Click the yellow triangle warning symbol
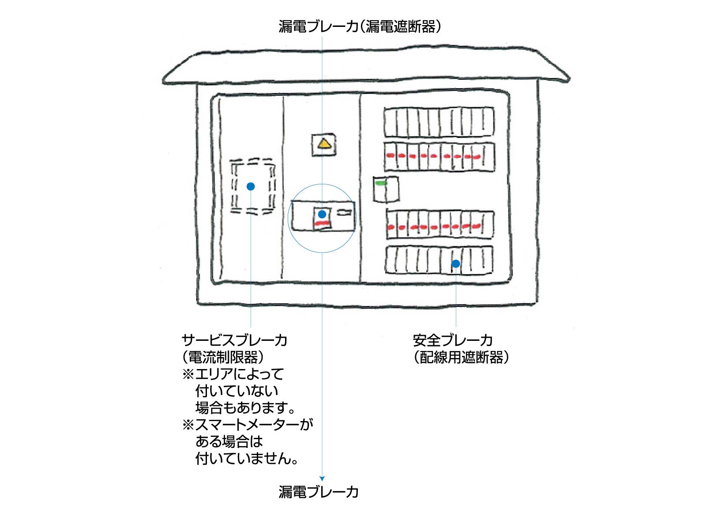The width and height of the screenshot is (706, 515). click(x=325, y=144)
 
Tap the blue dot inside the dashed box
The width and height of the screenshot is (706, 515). click(x=251, y=187)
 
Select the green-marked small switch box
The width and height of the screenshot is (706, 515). click(x=386, y=189)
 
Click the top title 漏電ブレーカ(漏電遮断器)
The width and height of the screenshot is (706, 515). click(x=360, y=26)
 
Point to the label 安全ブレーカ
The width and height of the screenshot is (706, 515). click(x=453, y=340)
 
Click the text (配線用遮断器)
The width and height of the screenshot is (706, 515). click(x=461, y=357)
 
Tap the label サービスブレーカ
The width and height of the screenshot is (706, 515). click(x=234, y=340)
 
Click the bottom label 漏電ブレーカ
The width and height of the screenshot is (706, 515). click(x=319, y=492)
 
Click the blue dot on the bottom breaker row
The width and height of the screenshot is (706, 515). click(x=456, y=264)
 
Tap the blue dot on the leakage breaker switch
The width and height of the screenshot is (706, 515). click(x=322, y=214)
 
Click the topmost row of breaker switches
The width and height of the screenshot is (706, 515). click(x=439, y=122)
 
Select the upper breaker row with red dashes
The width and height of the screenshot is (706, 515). click(x=439, y=157)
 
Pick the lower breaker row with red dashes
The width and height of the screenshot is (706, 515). click(x=439, y=225)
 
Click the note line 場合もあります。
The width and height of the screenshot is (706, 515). click(x=245, y=408)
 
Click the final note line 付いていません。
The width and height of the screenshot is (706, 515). click(x=246, y=459)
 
